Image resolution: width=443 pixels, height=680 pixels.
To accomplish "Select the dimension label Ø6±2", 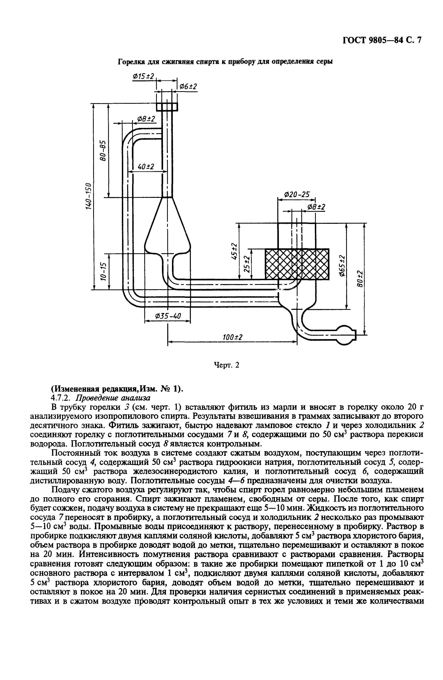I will click(188, 86).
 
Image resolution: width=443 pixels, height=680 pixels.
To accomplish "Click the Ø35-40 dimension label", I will click(168, 316).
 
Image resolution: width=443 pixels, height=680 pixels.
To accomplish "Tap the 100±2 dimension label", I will click(232, 337).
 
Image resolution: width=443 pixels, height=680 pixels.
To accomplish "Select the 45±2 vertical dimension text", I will click(234, 251).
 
